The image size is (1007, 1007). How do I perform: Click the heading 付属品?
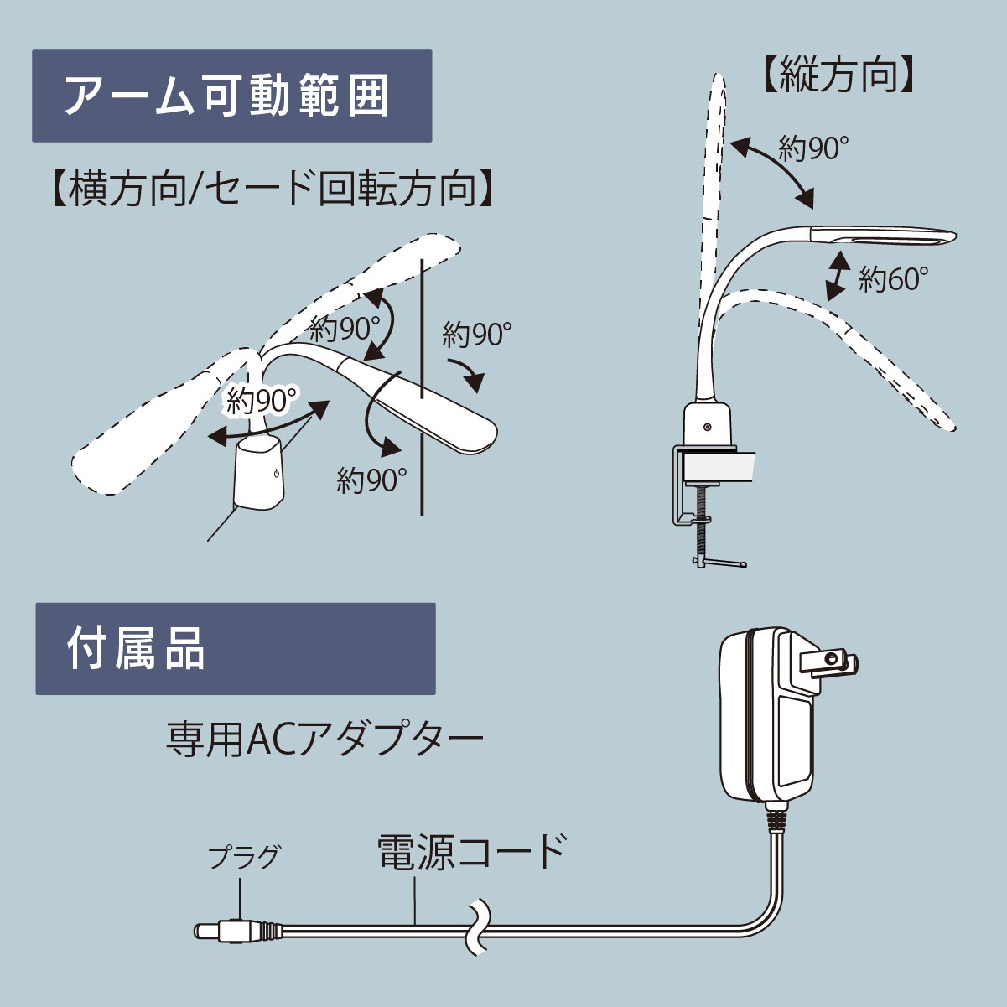136,649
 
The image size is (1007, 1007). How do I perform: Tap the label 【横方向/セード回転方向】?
271,189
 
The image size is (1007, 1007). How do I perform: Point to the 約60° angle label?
893,279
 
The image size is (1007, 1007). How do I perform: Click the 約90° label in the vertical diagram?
812,148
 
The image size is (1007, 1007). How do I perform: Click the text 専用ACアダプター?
324,740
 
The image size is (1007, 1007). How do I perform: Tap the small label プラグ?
243,857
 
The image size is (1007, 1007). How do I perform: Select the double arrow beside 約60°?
837,276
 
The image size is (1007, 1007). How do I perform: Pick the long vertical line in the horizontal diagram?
421,386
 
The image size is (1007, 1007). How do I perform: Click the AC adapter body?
764,717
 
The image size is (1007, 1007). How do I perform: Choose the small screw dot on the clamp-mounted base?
707,427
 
